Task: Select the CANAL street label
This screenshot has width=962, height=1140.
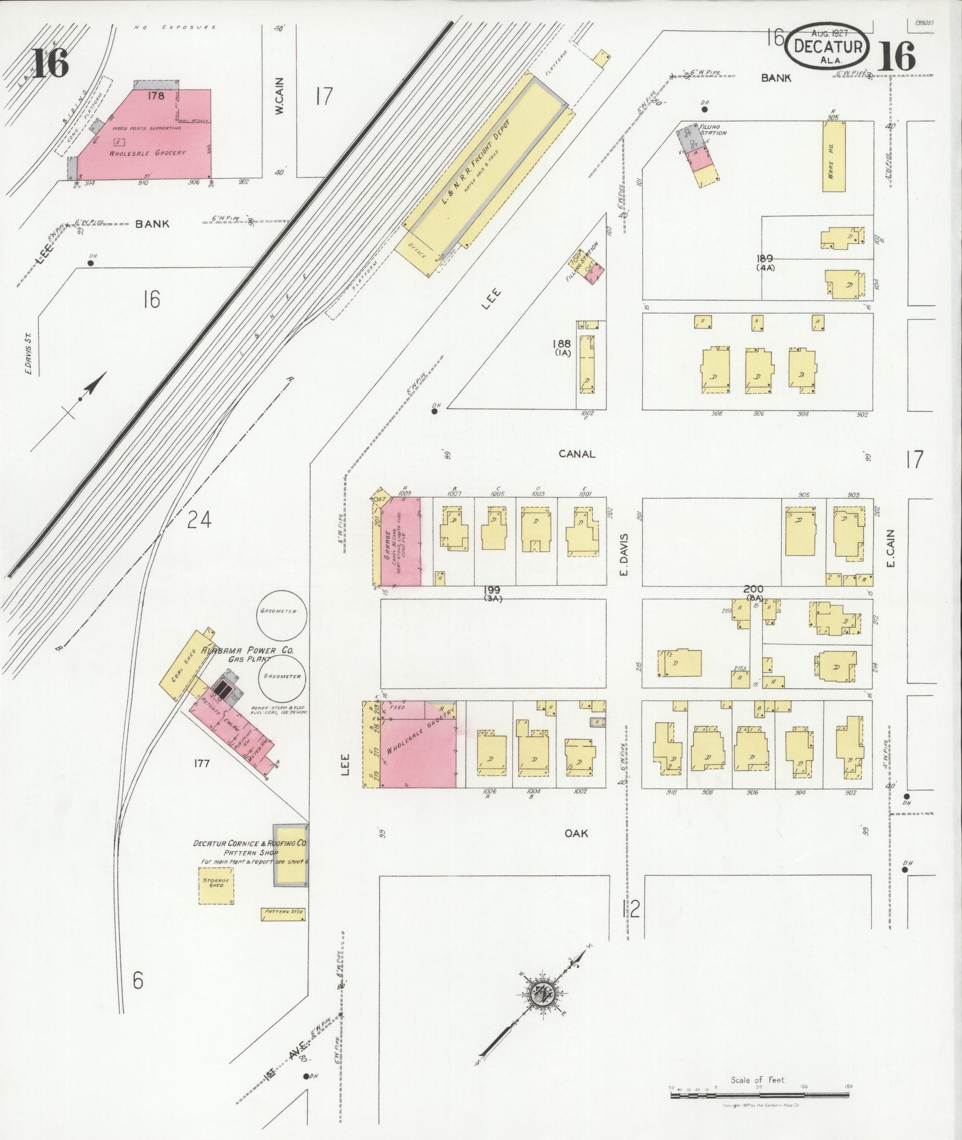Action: [x=577, y=454]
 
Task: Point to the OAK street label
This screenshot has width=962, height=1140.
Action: [x=577, y=833]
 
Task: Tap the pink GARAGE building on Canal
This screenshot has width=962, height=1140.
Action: [x=400, y=542]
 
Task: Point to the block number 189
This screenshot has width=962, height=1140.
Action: [x=765, y=258]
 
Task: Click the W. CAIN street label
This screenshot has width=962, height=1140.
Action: [x=280, y=97]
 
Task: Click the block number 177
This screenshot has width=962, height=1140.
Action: [x=202, y=763]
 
